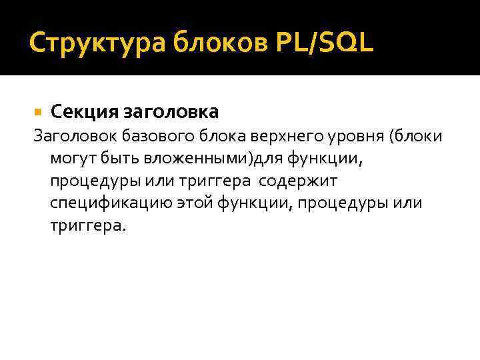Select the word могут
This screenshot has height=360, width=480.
pos(71,159)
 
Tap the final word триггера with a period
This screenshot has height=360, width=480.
pos(87,225)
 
